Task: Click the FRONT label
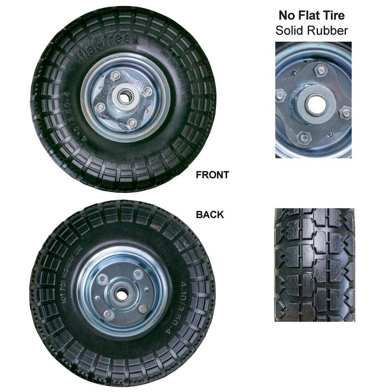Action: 212,175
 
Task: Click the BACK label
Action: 210,215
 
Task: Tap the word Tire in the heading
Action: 332,15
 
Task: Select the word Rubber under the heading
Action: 328,30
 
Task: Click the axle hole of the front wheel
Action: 125,97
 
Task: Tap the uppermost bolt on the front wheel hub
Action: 115,75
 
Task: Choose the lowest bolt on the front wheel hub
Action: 132,123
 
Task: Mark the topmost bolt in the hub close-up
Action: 321,70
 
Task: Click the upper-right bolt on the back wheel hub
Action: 138,274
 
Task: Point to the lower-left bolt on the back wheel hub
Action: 108,314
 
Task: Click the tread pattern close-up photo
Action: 314,265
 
